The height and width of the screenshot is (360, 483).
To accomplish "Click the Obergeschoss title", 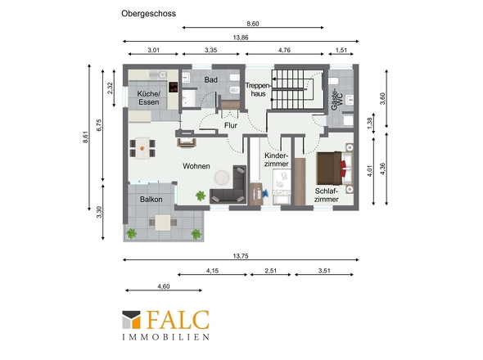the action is point(148,14).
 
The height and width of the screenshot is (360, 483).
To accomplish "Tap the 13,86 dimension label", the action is point(241,38).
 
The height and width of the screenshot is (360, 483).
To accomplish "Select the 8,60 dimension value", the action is point(253,24).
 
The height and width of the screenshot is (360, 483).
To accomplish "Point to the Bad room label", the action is point(210,79).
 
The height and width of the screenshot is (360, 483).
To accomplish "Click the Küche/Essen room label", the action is point(148,98).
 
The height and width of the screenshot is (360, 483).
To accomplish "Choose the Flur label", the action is point(231,126).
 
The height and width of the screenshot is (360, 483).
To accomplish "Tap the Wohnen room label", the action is point(196,166).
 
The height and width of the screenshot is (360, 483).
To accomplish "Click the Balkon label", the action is point(151,200).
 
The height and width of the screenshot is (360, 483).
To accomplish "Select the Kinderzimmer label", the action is point(277,160).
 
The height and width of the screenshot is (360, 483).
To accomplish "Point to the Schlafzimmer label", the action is point(327,196).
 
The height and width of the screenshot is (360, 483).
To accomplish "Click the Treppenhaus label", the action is point(258,90).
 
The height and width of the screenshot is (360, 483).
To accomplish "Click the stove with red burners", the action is point(173,87).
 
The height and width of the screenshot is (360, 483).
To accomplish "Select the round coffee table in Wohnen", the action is point(222,178).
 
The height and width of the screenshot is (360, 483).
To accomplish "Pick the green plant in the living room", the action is point(201,196).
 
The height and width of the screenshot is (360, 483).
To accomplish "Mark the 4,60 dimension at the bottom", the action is point(164,286).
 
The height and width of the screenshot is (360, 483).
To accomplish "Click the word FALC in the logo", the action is point(178,320).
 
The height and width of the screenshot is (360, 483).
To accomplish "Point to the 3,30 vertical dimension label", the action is point(99,212).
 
